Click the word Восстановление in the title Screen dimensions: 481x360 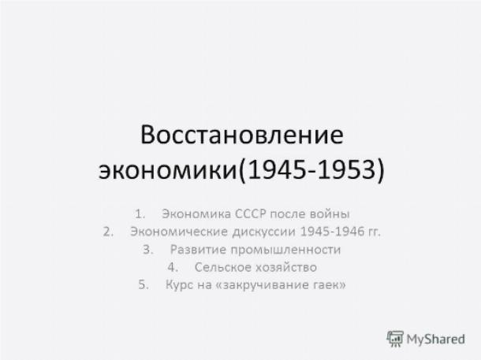point(242,135)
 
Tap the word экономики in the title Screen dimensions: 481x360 point(167,169)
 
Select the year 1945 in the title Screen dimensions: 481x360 point(277,169)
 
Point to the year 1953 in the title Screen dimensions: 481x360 point(347,169)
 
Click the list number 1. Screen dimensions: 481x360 point(140,213)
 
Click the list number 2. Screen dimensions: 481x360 point(108,232)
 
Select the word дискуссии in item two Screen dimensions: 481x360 point(264,232)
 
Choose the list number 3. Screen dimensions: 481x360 point(148,250)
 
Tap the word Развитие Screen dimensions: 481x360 point(198,250)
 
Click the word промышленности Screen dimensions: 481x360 point(285,250)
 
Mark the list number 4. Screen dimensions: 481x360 point(173,267)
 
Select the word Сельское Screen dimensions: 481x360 point(223,267)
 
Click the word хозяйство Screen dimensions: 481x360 point(286,267)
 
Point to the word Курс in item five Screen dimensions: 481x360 point(179,285)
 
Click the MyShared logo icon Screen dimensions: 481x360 point(395,339)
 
